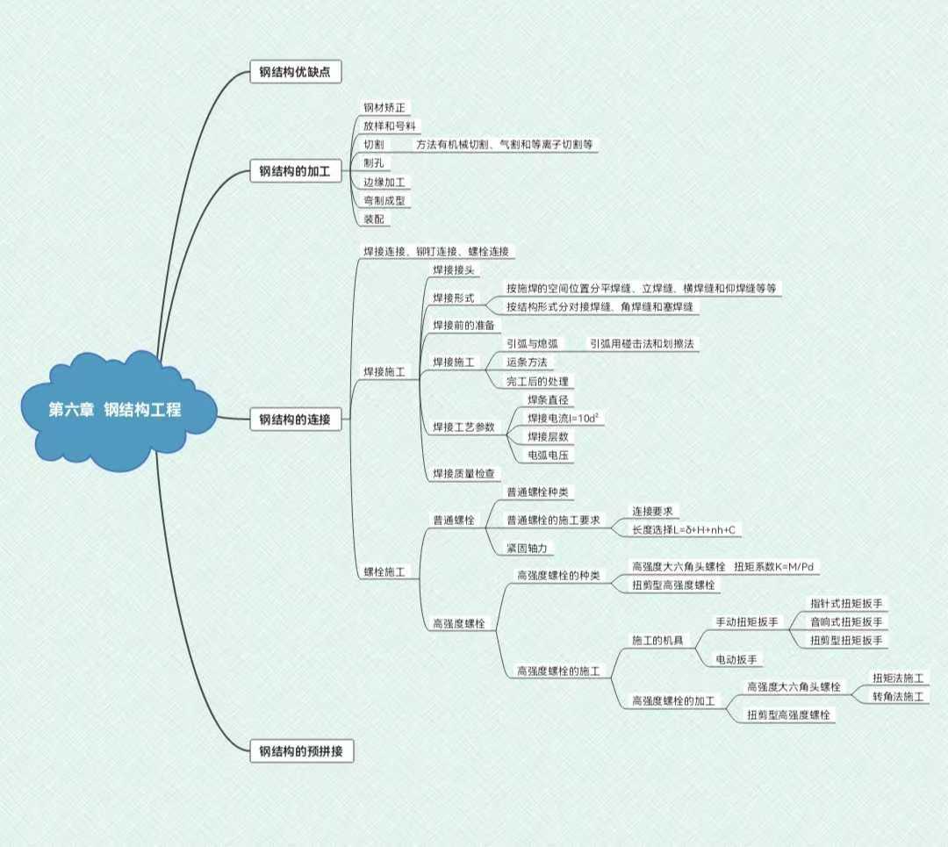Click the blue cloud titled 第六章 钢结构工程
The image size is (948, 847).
116,410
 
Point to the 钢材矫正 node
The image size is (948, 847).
384,108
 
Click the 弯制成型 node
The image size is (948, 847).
384,200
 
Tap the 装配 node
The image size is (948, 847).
374,219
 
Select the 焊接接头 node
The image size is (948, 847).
454,269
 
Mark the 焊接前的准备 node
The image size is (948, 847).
463,326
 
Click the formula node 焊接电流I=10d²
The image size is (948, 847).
564,418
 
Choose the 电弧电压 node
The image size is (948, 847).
548,455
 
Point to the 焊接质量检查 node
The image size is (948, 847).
463,474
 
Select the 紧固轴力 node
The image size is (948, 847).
529,548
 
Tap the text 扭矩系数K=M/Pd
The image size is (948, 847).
775,566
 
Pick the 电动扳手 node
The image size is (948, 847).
738,659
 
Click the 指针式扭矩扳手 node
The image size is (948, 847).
847,604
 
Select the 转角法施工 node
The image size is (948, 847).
898,697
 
